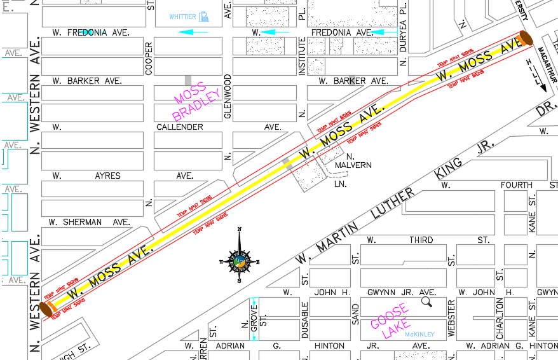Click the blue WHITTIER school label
(x=183, y=17)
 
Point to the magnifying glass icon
(x=426, y=301)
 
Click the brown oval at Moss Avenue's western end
(x=46, y=310)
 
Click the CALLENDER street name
(x=180, y=127)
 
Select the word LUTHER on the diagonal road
(x=386, y=202)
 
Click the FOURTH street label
(x=516, y=185)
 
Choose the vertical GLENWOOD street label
(x=227, y=96)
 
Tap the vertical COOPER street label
(x=149, y=59)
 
